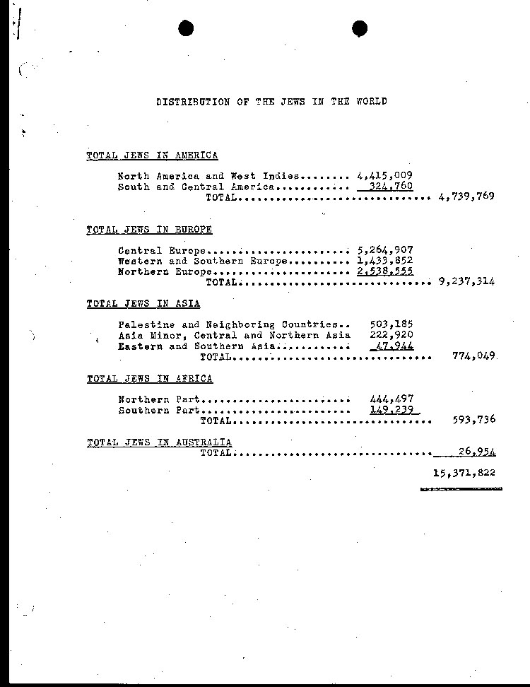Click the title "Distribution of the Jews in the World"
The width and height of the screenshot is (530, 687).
pos(271,102)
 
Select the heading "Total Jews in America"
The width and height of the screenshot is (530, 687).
pos(152,155)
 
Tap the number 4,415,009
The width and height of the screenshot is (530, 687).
pos(385,176)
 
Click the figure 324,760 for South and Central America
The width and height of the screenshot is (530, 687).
pos(391,187)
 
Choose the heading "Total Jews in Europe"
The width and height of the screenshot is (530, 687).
pos(149,230)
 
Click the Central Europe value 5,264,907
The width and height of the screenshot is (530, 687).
pos(385,250)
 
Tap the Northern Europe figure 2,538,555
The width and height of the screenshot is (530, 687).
pos(385,271)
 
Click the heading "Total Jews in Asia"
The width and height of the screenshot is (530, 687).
pos(143,304)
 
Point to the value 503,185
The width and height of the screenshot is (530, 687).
pos(391,324)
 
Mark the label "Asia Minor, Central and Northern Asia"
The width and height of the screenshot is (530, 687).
pos(234,335)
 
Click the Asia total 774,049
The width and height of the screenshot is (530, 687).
pos(473,356)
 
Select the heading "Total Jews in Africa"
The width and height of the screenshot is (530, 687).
pos(149,379)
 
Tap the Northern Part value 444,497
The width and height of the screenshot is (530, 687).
pos(391,399)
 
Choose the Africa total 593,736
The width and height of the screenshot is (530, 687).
pos(473,420)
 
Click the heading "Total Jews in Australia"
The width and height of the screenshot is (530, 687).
pos(159,442)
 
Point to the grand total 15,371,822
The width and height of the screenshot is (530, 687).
pos(464,473)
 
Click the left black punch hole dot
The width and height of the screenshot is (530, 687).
pos(186,28)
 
